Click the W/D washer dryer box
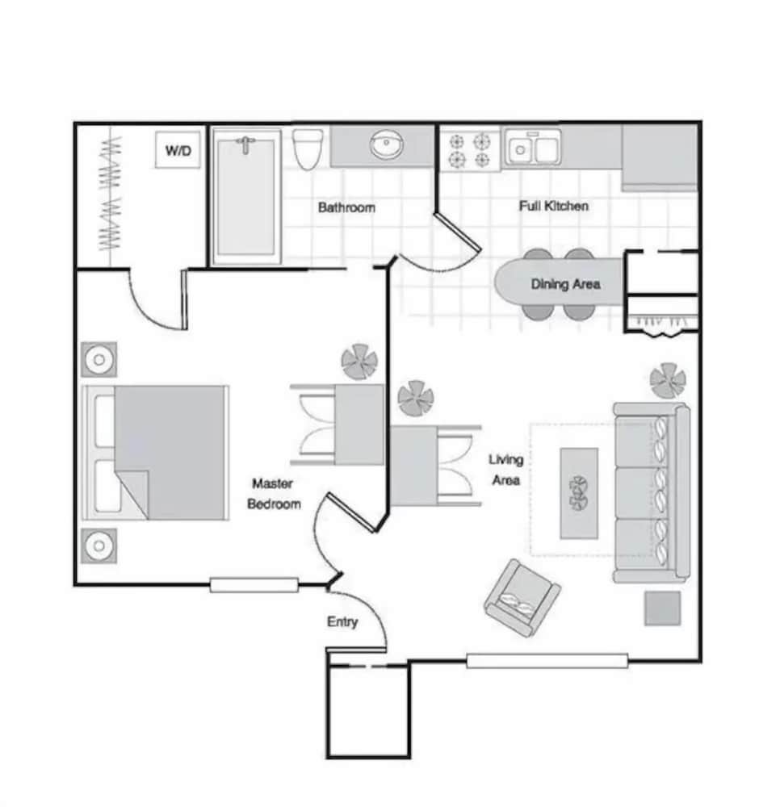(x=178, y=150)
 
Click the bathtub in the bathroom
(x=247, y=197)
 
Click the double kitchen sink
(x=532, y=149)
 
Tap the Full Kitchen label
(x=553, y=206)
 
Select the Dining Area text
(x=565, y=284)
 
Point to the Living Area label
(x=506, y=470)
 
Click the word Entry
(x=342, y=621)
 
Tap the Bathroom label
(x=346, y=207)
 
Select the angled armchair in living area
(x=522, y=598)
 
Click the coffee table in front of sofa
(x=579, y=493)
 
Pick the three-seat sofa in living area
(x=651, y=492)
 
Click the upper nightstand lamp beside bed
(x=99, y=359)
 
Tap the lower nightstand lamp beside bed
(x=99, y=546)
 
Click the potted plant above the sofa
(x=668, y=380)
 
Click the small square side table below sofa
(x=662, y=608)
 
